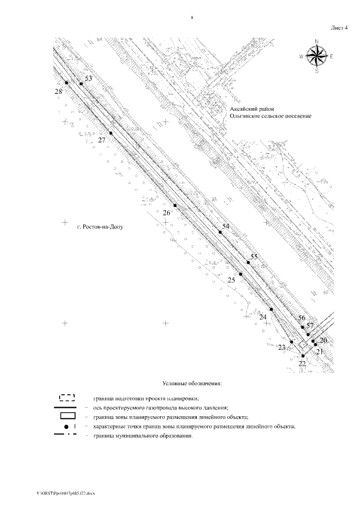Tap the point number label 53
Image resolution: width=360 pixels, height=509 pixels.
[x=88, y=78]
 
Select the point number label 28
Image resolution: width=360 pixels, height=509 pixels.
[x=58, y=91]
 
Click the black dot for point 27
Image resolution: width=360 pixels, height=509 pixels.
[x=111, y=133]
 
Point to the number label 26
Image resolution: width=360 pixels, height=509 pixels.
[x=166, y=213]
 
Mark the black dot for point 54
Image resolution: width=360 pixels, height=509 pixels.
[x=220, y=232]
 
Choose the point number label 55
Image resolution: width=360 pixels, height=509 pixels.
[x=254, y=256]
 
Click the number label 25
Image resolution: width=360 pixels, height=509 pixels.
[x=231, y=280]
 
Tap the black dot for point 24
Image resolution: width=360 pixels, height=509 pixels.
[x=271, y=309]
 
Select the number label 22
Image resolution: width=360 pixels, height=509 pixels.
[x=302, y=364]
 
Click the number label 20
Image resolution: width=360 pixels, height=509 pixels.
[x=323, y=340]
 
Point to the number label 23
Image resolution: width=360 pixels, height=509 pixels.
[x=282, y=347]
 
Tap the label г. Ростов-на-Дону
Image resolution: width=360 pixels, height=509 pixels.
[x=99, y=227]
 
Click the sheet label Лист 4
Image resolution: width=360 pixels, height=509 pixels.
[x=339, y=27]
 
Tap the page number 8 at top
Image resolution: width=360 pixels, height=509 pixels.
[x=192, y=18]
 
